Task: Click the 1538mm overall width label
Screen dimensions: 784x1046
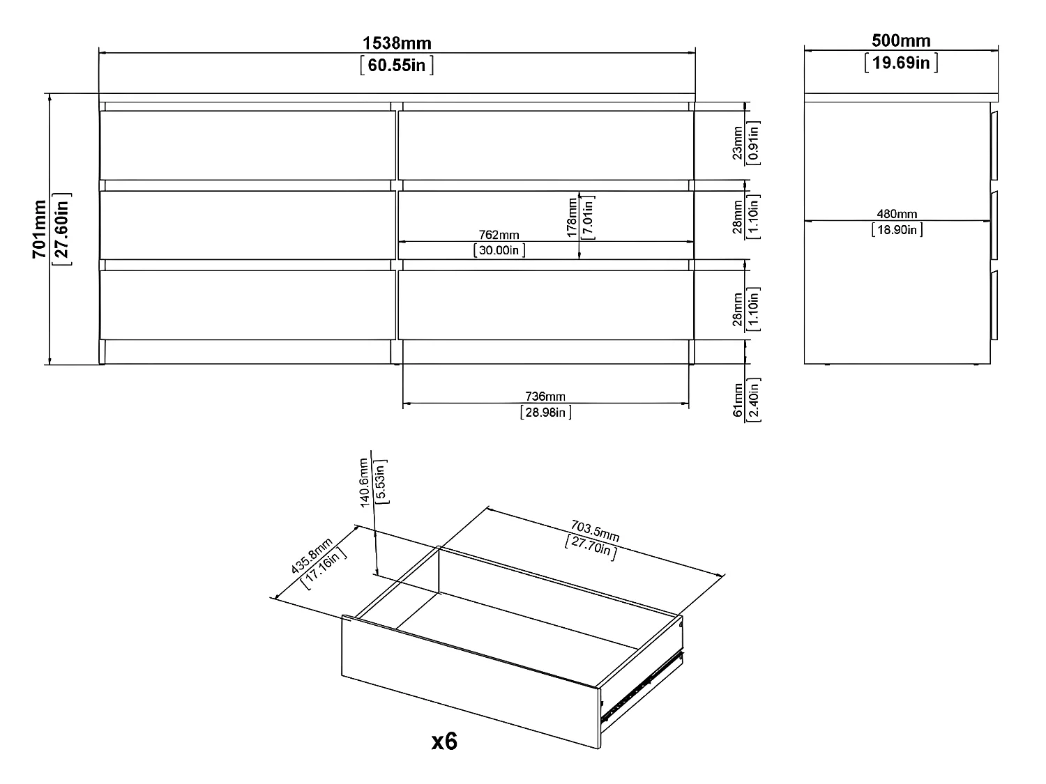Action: tap(397, 43)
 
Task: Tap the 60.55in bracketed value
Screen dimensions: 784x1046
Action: tap(397, 66)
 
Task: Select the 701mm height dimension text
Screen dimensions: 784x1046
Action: tap(39, 229)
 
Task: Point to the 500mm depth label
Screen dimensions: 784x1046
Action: tap(901, 40)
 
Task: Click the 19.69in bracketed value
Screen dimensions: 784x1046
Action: tap(901, 63)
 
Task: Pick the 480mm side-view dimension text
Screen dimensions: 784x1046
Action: tap(897, 215)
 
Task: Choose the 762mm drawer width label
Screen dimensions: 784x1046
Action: tap(499, 236)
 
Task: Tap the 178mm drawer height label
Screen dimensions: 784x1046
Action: tap(573, 217)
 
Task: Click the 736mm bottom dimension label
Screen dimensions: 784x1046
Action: tap(545, 397)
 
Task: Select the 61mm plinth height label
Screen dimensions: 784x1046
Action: tap(738, 400)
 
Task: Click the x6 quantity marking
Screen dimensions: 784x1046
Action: tap(444, 742)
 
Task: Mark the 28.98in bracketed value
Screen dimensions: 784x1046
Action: tap(545, 413)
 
